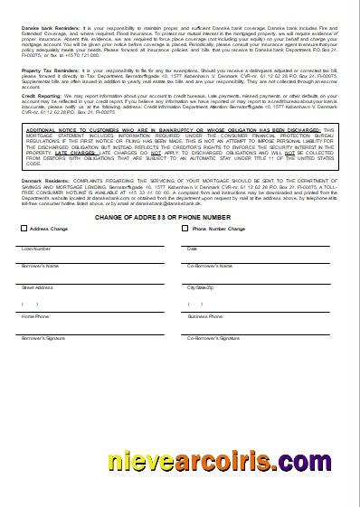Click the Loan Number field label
(36, 249)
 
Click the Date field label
(192, 249)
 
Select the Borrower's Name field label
(41, 267)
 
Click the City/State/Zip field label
(203, 286)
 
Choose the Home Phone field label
(36, 317)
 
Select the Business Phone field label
(205, 317)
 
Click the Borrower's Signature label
(43, 337)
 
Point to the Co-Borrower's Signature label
(213, 337)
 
